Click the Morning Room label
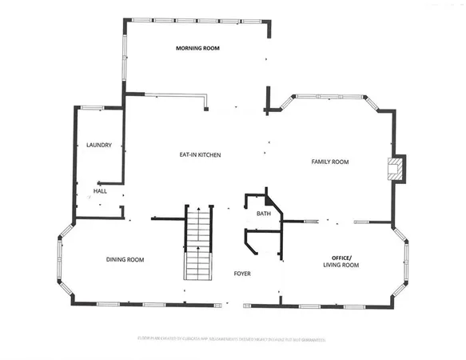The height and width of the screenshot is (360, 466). pyautogui.click(x=197, y=48)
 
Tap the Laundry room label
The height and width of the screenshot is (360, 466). pyautogui.click(x=98, y=145)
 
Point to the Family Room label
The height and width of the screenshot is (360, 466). pyautogui.click(x=330, y=162)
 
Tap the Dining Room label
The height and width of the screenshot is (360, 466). pyautogui.click(x=125, y=259)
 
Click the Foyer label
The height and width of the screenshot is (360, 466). pyautogui.click(x=242, y=274)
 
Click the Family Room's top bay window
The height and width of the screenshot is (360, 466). pyautogui.click(x=329, y=96)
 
